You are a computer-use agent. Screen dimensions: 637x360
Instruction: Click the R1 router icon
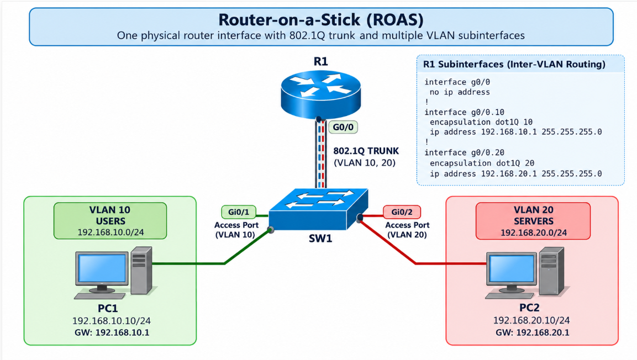coord(320,94)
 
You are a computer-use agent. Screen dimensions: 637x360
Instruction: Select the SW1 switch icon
coord(318,209)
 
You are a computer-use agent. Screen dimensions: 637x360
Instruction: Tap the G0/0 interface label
coord(343,127)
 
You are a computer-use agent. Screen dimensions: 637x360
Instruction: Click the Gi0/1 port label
coord(239,212)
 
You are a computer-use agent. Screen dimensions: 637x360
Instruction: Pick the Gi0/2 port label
coord(402,212)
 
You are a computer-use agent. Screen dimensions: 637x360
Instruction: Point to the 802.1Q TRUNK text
coord(366,151)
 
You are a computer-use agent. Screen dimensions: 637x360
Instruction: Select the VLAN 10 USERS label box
coord(110,221)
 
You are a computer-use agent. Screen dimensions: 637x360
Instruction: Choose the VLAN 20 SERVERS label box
coord(533,221)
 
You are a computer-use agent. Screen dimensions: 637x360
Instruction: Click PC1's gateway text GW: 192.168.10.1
coord(112,332)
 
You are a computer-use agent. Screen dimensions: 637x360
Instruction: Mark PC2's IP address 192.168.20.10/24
coord(531,320)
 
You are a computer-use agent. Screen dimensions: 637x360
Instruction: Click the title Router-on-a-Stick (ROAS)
coord(321,19)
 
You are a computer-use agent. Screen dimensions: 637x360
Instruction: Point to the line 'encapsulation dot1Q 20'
coord(482,163)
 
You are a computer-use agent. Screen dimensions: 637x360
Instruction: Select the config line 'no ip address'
coord(460,92)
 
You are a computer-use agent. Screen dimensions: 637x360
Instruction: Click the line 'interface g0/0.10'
coord(464,113)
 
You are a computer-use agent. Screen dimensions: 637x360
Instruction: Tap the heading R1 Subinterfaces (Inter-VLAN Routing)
coord(514,64)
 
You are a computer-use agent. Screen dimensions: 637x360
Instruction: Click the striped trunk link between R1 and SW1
coord(321,153)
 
